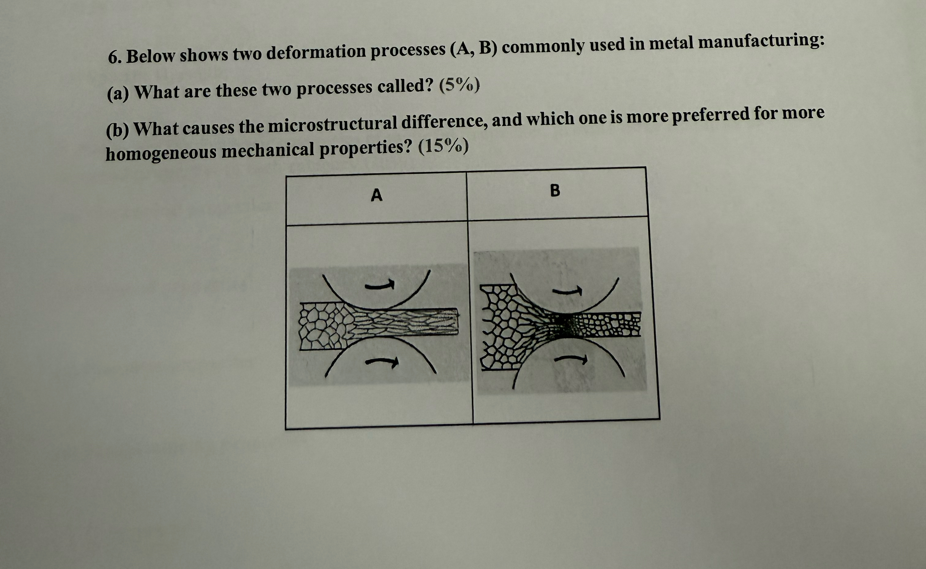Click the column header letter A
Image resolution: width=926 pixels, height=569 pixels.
point(377,195)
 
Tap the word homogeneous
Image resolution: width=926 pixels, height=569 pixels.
point(160,152)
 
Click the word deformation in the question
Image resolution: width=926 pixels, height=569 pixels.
point(316,52)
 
